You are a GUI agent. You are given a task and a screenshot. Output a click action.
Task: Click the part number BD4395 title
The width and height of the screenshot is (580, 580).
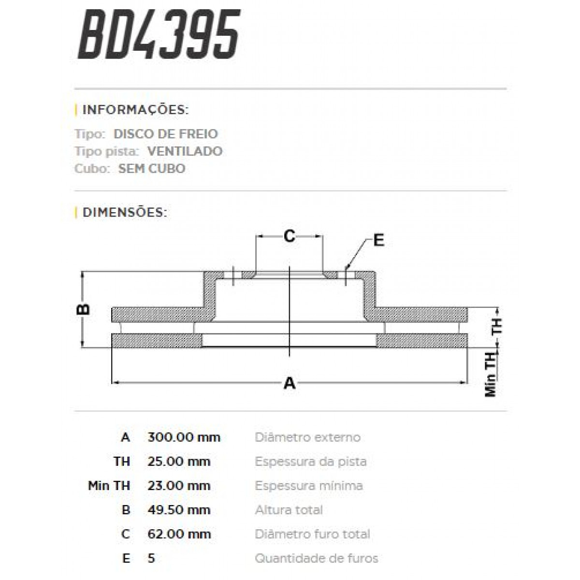tap(159, 35)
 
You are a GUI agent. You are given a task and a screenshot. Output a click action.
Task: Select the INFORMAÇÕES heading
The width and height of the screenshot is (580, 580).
tap(135, 110)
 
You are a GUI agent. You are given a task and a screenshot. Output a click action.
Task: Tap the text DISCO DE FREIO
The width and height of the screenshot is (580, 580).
tap(165, 134)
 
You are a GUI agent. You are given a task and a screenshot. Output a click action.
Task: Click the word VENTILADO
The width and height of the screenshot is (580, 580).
tap(185, 151)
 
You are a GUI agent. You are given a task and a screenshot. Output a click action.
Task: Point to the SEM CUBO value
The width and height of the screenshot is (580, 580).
tap(151, 169)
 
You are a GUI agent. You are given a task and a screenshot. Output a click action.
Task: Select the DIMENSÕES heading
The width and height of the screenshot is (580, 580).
tap(125, 212)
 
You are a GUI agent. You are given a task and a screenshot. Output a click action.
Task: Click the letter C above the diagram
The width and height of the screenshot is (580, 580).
tap(289, 236)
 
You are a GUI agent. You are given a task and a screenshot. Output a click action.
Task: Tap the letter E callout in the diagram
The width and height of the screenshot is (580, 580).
tap(378, 240)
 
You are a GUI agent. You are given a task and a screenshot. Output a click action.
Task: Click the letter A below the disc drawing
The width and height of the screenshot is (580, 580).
tap(289, 383)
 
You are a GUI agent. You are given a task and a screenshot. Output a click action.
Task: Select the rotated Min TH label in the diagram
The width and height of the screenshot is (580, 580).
tap(491, 375)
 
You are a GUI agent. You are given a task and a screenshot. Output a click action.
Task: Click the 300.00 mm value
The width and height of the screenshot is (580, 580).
tap(184, 437)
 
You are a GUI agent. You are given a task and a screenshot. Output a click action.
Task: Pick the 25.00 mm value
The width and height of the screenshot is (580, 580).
tap(179, 462)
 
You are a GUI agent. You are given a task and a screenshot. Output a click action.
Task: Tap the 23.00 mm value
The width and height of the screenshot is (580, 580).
tap(179, 486)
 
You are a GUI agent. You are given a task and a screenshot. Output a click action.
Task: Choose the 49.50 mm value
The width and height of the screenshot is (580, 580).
tap(179, 510)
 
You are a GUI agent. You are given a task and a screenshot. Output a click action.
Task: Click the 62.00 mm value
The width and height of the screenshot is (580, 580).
tap(179, 534)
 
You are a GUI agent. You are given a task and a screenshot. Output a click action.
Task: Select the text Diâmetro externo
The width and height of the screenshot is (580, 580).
tap(307, 437)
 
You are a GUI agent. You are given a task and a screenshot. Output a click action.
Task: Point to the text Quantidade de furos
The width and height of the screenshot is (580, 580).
tap(316, 558)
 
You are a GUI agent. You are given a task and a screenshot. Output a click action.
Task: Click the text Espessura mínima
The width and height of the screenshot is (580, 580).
tap(308, 486)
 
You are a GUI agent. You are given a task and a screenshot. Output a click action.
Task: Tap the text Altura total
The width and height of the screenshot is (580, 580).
tap(289, 510)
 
